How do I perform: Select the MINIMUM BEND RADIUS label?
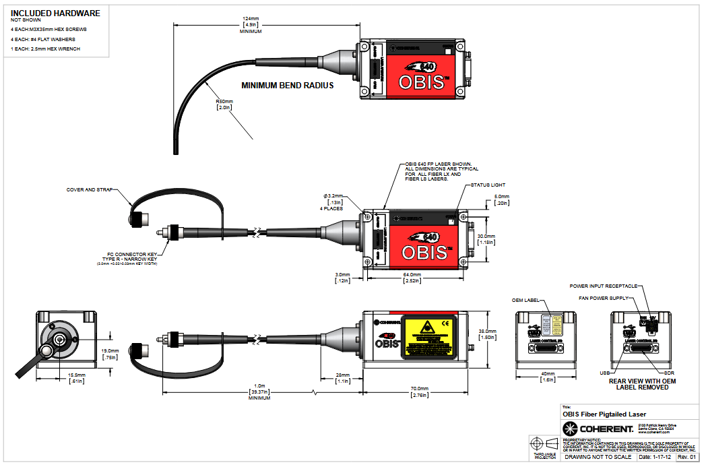click(x=288, y=86)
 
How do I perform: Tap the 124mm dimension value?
click(x=251, y=18)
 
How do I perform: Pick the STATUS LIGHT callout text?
click(x=488, y=185)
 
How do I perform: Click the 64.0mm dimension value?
click(x=412, y=274)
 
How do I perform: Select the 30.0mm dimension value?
click(x=486, y=237)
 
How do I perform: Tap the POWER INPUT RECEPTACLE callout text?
click(x=604, y=286)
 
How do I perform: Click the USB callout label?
click(x=605, y=371)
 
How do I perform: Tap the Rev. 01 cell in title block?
click(x=686, y=458)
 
